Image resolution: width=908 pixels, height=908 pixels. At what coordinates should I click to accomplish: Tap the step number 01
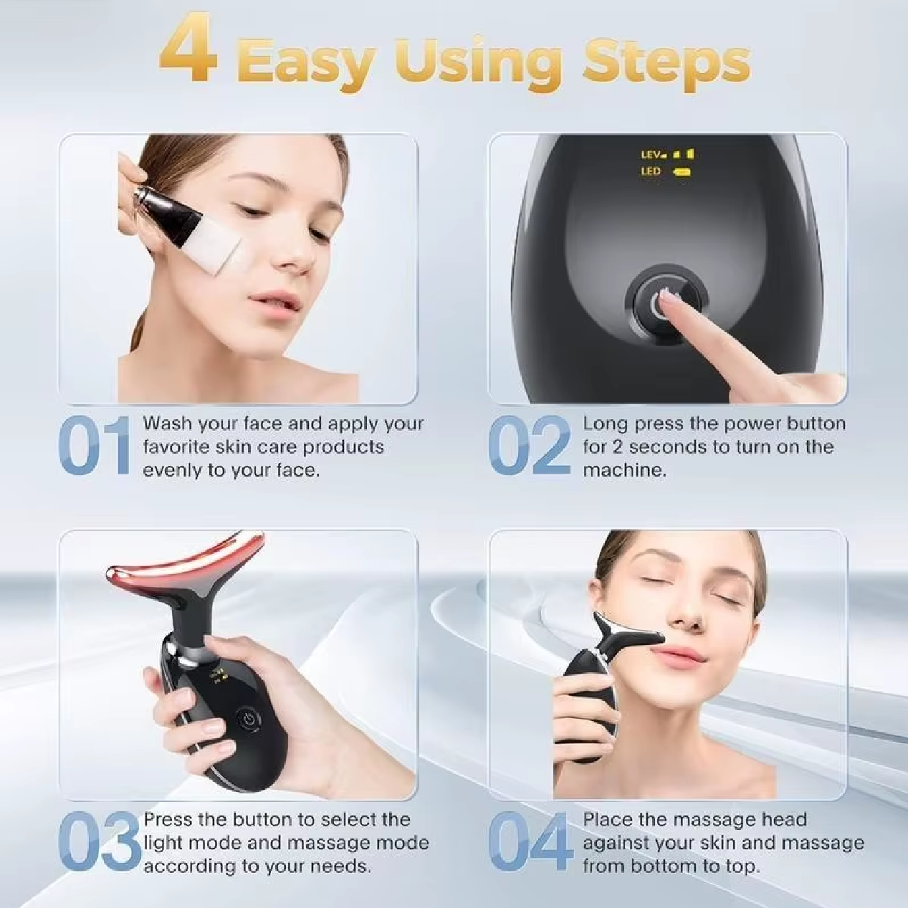pyautogui.click(x=95, y=446)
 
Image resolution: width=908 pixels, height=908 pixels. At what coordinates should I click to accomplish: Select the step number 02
pyautogui.click(x=530, y=446)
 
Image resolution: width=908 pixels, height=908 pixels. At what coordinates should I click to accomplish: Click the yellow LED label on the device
pyautogui.click(x=651, y=171)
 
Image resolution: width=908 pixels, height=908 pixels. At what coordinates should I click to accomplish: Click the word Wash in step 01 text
pyautogui.click(x=168, y=424)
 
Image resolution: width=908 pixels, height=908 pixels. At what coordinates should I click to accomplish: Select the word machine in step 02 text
pyautogui.click(x=623, y=471)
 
